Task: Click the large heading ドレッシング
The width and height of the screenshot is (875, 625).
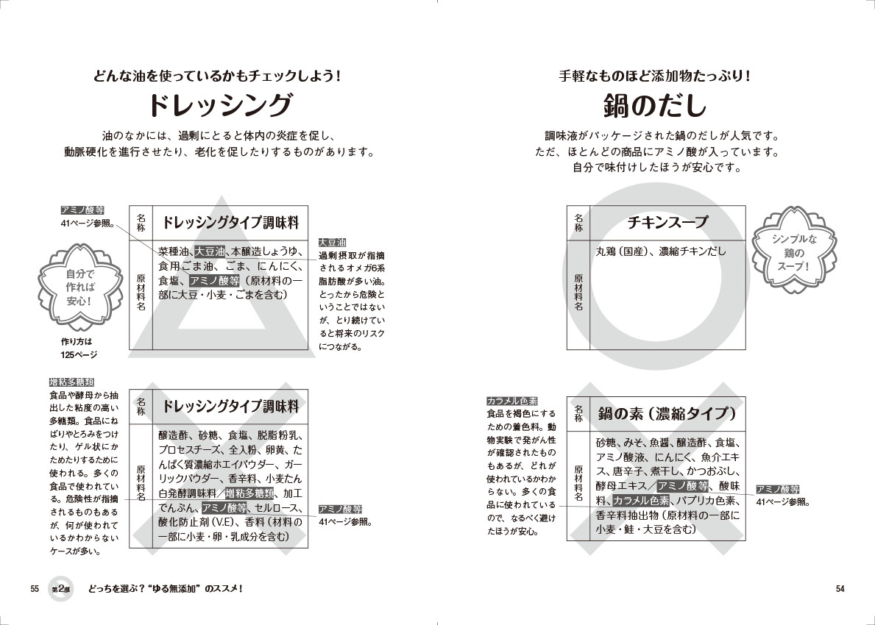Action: pyautogui.click(x=220, y=105)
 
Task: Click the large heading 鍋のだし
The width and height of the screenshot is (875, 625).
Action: pyautogui.click(x=655, y=105)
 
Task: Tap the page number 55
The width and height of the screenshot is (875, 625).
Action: pyautogui.click(x=35, y=589)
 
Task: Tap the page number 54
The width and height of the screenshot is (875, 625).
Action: pyautogui.click(x=840, y=589)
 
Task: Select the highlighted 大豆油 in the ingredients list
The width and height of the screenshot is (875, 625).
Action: pyautogui.click(x=209, y=252)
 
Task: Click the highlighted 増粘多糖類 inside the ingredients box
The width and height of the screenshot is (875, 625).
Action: pyautogui.click(x=249, y=493)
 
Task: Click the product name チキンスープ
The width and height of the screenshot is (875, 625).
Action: pyautogui.click(x=667, y=223)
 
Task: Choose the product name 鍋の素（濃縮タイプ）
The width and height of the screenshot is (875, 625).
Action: pyautogui.click(x=667, y=413)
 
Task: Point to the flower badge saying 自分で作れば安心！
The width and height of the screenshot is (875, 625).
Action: pyautogui.click(x=79, y=287)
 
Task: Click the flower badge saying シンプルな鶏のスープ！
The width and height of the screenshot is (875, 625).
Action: pyautogui.click(x=794, y=251)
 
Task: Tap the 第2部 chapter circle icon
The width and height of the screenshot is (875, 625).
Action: pyautogui.click(x=61, y=589)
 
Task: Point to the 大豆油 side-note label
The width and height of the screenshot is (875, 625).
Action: pyautogui.click(x=333, y=243)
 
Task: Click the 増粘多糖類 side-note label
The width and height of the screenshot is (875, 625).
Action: pyautogui.click(x=71, y=382)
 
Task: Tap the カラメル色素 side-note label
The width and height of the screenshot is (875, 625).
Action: pyautogui.click(x=512, y=401)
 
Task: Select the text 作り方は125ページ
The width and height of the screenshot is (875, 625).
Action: pyautogui.click(x=79, y=348)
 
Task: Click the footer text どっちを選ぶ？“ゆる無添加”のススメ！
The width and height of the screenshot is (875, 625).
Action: pyautogui.click(x=165, y=589)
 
